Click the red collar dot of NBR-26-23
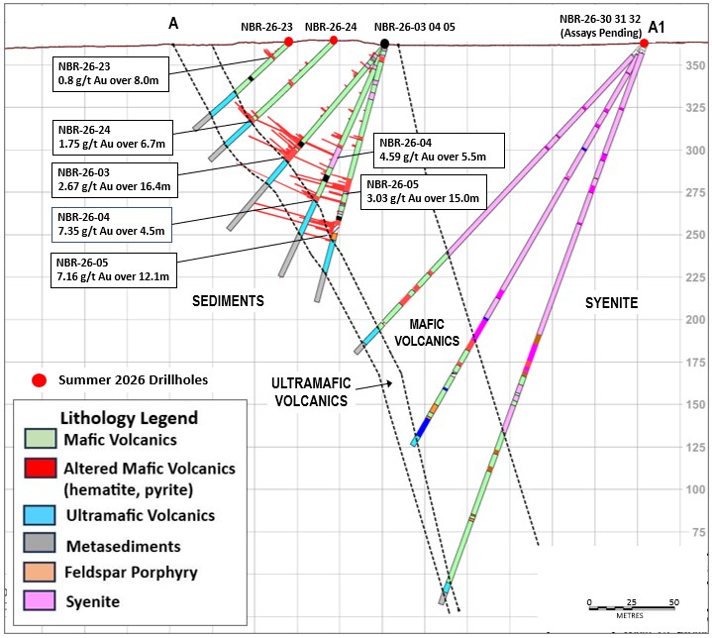(x=288, y=42)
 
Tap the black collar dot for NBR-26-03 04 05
(x=384, y=44)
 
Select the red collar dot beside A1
(x=644, y=44)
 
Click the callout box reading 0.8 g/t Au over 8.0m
(x=111, y=74)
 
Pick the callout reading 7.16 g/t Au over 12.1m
(x=114, y=270)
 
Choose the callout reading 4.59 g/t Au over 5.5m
(x=439, y=151)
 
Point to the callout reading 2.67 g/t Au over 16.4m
(x=115, y=180)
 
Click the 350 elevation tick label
(x=695, y=65)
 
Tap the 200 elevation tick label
(x=695, y=319)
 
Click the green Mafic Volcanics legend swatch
(x=41, y=439)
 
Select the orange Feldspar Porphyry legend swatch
(x=40, y=572)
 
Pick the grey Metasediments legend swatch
(x=40, y=543)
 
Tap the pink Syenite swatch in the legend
(x=40, y=599)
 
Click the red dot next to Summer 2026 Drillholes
(x=40, y=380)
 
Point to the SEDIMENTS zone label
(x=228, y=301)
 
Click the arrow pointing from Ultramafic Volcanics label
(x=374, y=386)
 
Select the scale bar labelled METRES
(x=632, y=607)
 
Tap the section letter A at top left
(x=173, y=23)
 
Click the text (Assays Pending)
(x=601, y=33)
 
